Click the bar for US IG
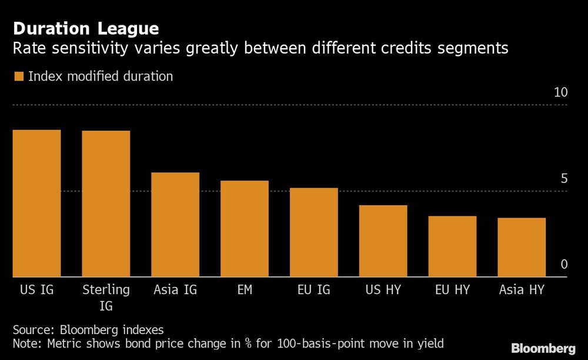point(36,203)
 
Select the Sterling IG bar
point(106,204)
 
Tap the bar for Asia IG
point(175,224)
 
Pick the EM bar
point(245,228)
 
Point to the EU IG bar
point(313,232)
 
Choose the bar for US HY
point(383,241)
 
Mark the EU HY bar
point(452,246)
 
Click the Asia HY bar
point(522,247)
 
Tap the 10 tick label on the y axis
point(560,93)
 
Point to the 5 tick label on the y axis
point(564,179)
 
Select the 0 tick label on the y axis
point(564,265)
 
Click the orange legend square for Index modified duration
point(18,76)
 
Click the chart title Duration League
point(86,28)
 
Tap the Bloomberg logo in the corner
point(543,348)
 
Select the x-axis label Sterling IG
point(106,297)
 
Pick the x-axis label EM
point(245,290)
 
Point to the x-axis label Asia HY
point(522,290)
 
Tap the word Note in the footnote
point(26,343)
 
